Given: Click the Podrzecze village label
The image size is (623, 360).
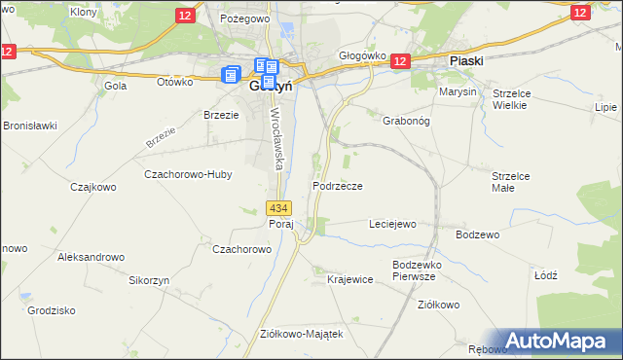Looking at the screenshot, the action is [338, 186].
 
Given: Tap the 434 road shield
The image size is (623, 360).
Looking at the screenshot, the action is [278, 208].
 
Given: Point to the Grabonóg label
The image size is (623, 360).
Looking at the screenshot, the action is [393, 122].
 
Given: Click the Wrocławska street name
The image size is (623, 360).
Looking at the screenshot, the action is [276, 138].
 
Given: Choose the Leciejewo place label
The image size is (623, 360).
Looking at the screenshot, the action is [392, 224].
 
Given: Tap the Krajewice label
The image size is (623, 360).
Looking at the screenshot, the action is [350, 279].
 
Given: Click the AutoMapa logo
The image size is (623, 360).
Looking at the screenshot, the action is [558, 342].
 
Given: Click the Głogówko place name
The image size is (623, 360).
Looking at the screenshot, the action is [363, 56].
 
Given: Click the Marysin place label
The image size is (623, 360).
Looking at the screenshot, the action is [458, 91].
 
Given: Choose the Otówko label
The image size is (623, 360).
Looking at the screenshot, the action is [175, 82].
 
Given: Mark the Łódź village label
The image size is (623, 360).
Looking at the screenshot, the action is [546, 275].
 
